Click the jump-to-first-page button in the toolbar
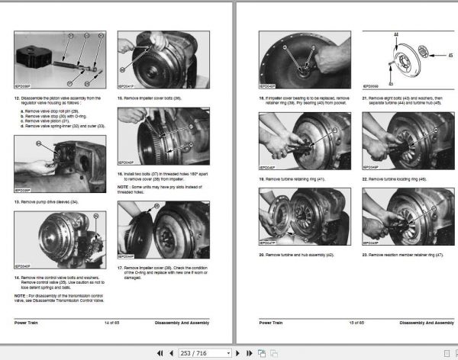pos(160,353)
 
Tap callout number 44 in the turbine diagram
pos(395,36)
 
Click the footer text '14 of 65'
pos(114,323)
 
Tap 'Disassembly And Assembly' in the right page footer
pos(422,323)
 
